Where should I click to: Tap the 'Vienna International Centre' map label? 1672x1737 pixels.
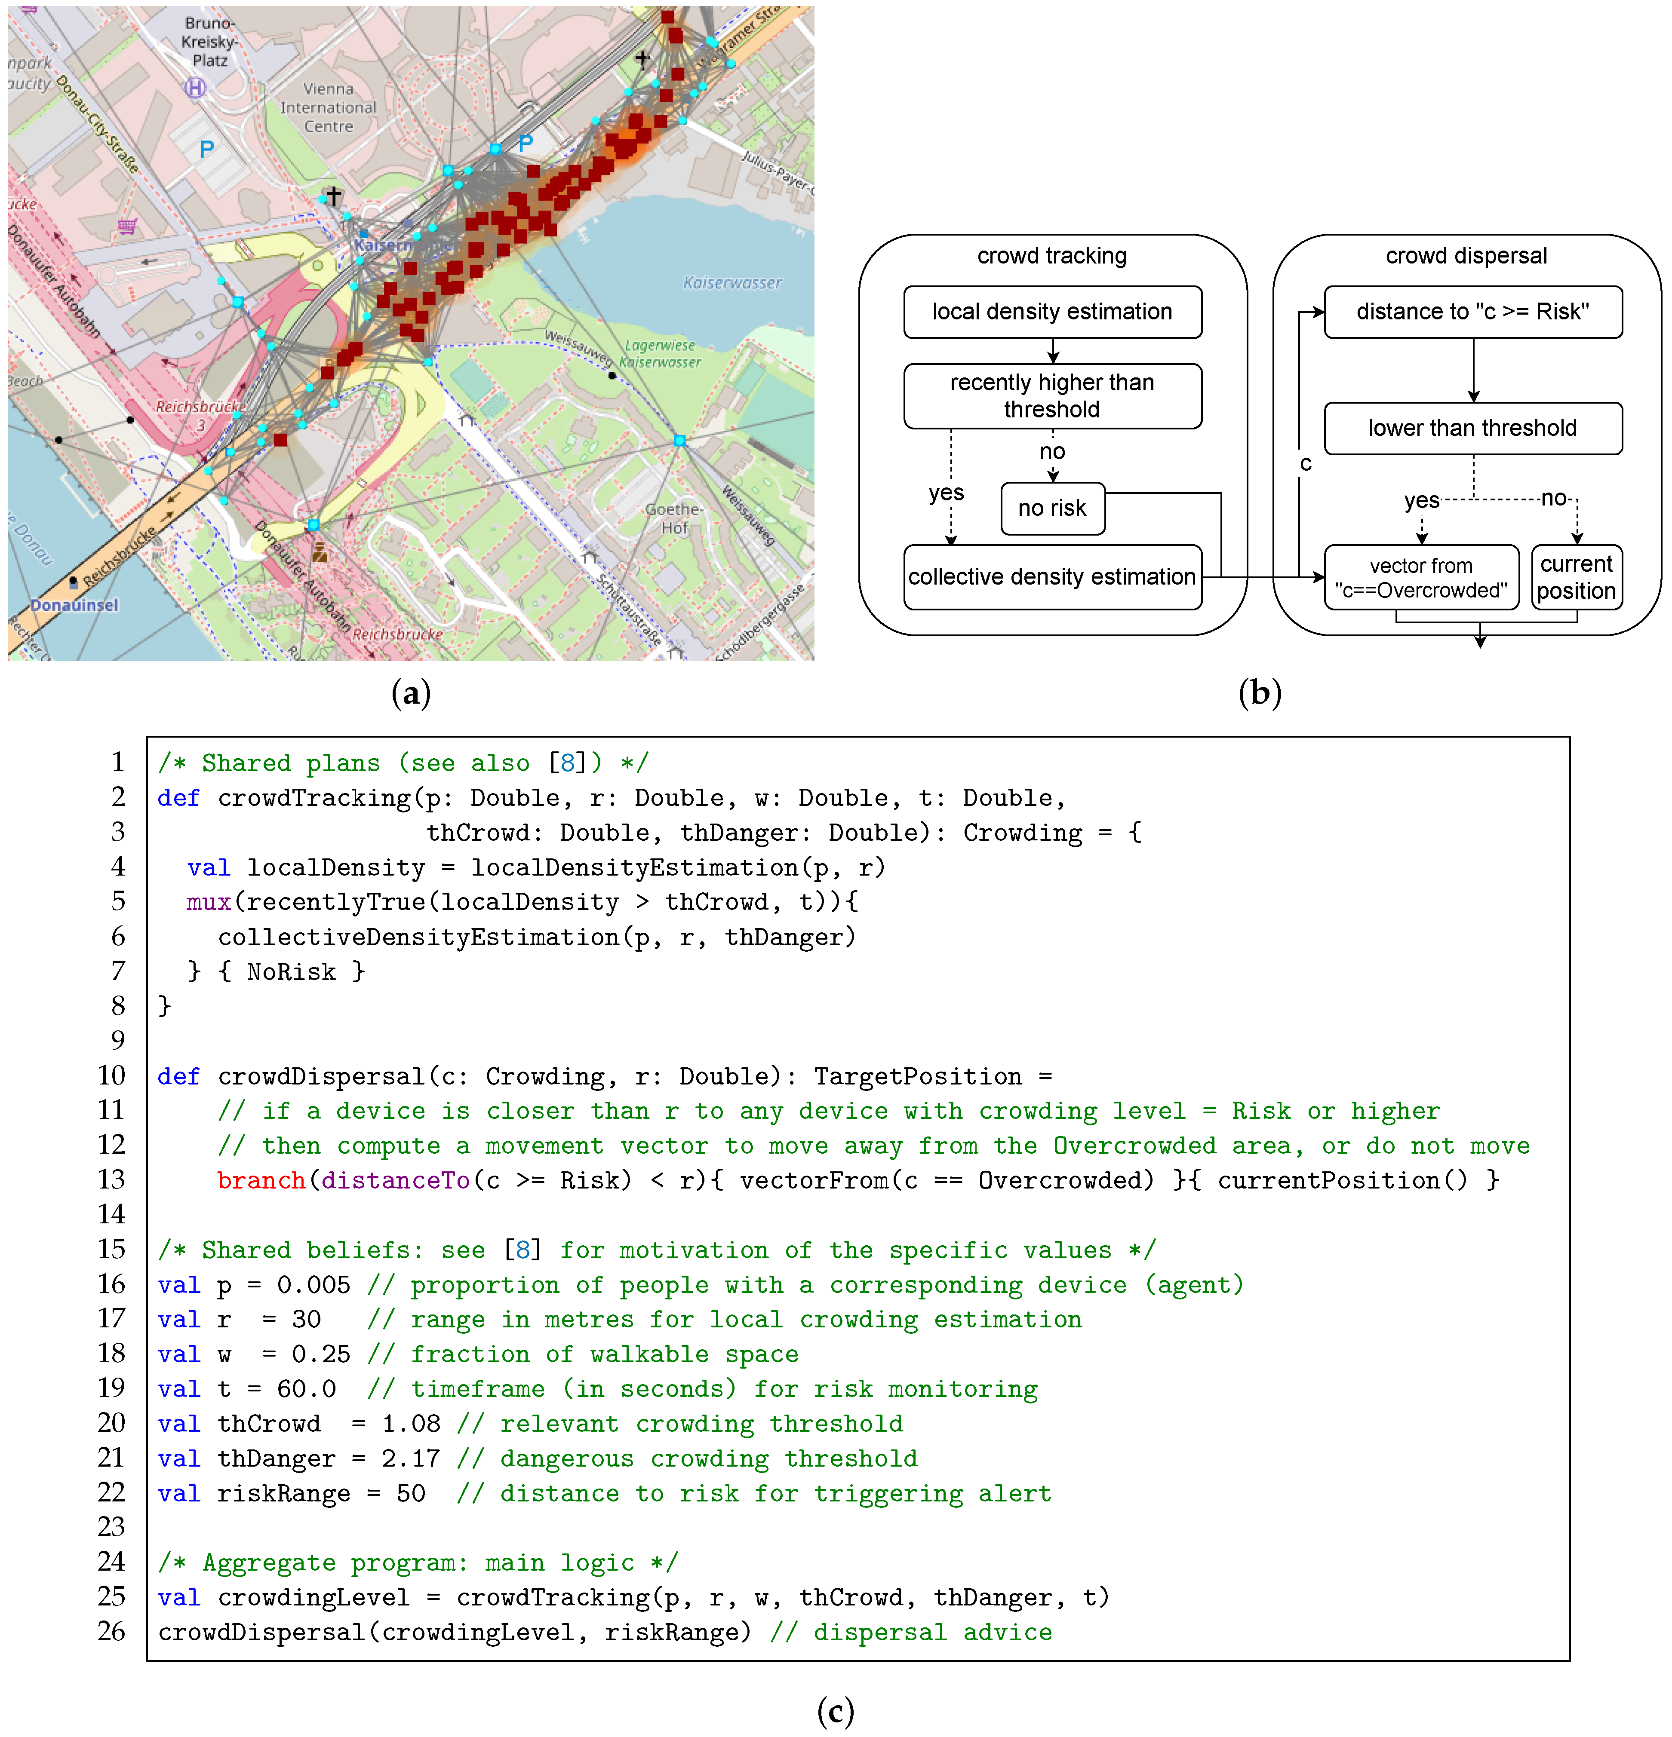[328, 107]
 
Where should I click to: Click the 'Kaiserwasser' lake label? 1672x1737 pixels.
[732, 283]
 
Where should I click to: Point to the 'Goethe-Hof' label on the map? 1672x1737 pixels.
[674, 518]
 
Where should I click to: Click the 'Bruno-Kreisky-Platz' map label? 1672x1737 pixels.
[210, 42]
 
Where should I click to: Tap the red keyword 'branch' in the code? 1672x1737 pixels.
[261, 1180]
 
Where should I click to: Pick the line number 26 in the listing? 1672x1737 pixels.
[112, 1632]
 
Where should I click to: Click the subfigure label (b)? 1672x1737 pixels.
[1259, 693]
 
